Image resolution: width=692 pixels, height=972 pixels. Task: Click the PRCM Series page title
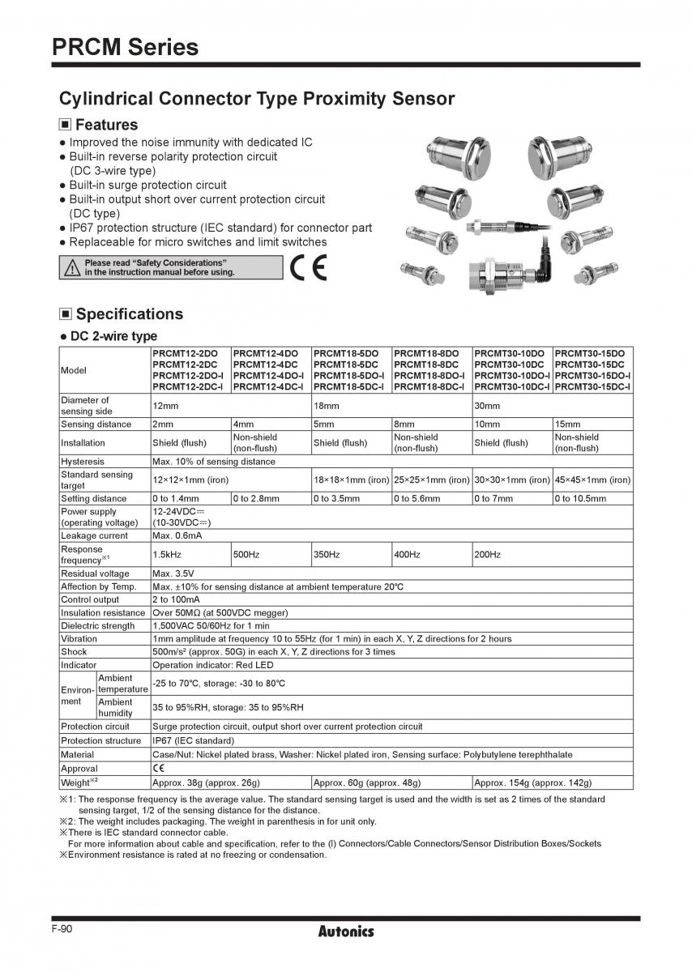click(125, 47)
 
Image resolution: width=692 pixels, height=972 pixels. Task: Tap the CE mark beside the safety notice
click(309, 268)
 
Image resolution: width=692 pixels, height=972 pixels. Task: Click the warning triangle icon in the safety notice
click(73, 268)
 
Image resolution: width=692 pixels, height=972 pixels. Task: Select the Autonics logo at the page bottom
click(345, 932)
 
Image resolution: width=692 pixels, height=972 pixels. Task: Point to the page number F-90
click(62, 929)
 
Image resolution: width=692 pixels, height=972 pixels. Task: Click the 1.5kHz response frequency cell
click(164, 554)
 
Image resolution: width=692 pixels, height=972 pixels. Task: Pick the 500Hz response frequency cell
click(246, 554)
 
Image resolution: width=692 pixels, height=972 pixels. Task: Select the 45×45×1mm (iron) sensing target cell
click(592, 480)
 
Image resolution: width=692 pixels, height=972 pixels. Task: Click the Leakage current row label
click(94, 535)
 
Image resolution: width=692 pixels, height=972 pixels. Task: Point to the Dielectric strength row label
click(97, 625)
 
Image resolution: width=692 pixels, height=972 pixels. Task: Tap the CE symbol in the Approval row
click(159, 768)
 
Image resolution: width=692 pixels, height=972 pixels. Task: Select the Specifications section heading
click(129, 313)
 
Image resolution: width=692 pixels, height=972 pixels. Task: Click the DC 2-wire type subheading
click(113, 336)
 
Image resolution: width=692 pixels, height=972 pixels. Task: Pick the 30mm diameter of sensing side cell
click(486, 405)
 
